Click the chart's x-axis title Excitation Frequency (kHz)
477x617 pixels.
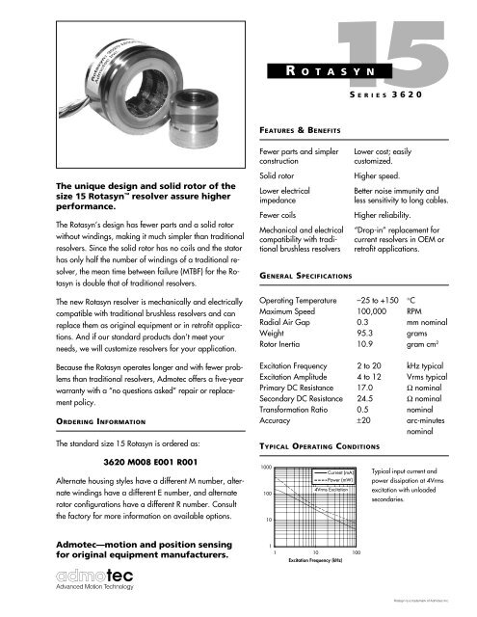click(316, 584)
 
